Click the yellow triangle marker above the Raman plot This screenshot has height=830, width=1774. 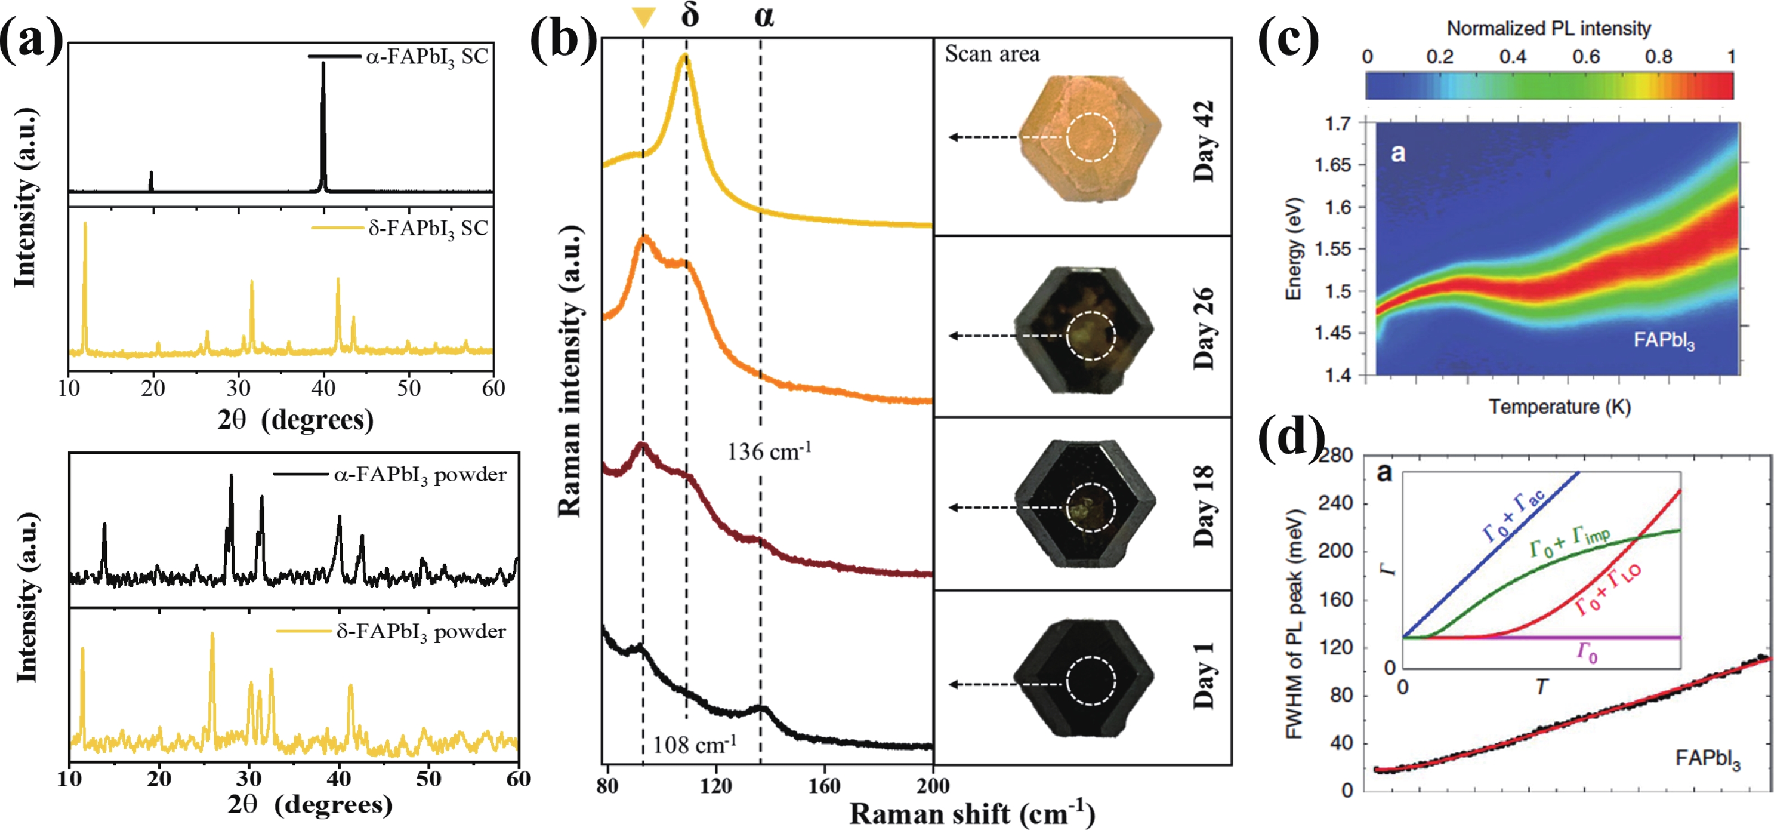click(643, 16)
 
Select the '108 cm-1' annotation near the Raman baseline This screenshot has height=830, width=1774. click(694, 744)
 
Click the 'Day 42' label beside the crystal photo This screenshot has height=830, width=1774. click(1203, 141)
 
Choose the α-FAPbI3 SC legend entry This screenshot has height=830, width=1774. click(399, 56)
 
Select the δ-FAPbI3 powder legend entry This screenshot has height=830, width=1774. click(391, 631)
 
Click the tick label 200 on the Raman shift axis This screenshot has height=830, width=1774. click(933, 786)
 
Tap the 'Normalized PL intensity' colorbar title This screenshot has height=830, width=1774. click(1549, 28)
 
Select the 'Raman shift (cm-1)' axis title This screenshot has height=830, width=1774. click(971, 814)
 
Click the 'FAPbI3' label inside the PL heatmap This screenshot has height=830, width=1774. click(1664, 340)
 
